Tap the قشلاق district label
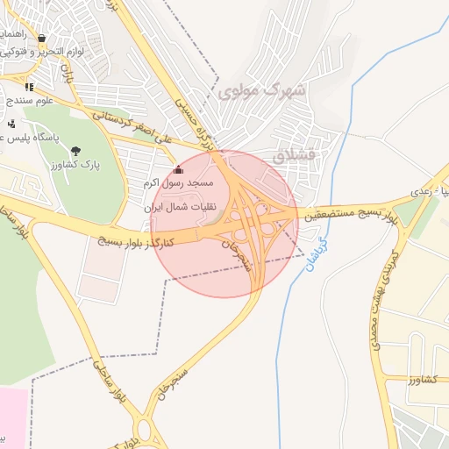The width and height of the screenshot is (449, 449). [x=292, y=157]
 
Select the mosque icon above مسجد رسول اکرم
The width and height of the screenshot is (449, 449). [x=179, y=169]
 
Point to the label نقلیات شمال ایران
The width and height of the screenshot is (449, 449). [x=185, y=211]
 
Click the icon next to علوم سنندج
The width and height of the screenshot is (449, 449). [x=29, y=87]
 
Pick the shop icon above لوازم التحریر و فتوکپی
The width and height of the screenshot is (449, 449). [x=41, y=39]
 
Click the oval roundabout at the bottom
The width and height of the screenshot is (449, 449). [x=144, y=431]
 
